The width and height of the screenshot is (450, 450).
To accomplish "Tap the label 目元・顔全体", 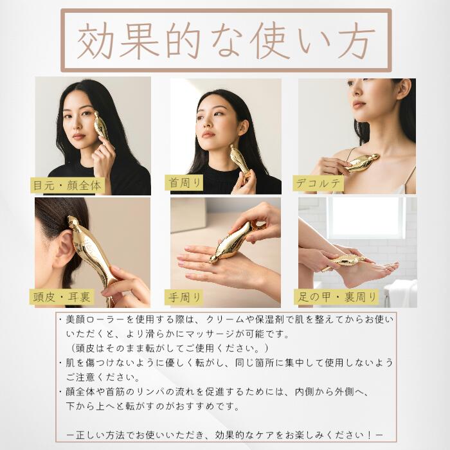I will [x=67, y=185].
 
